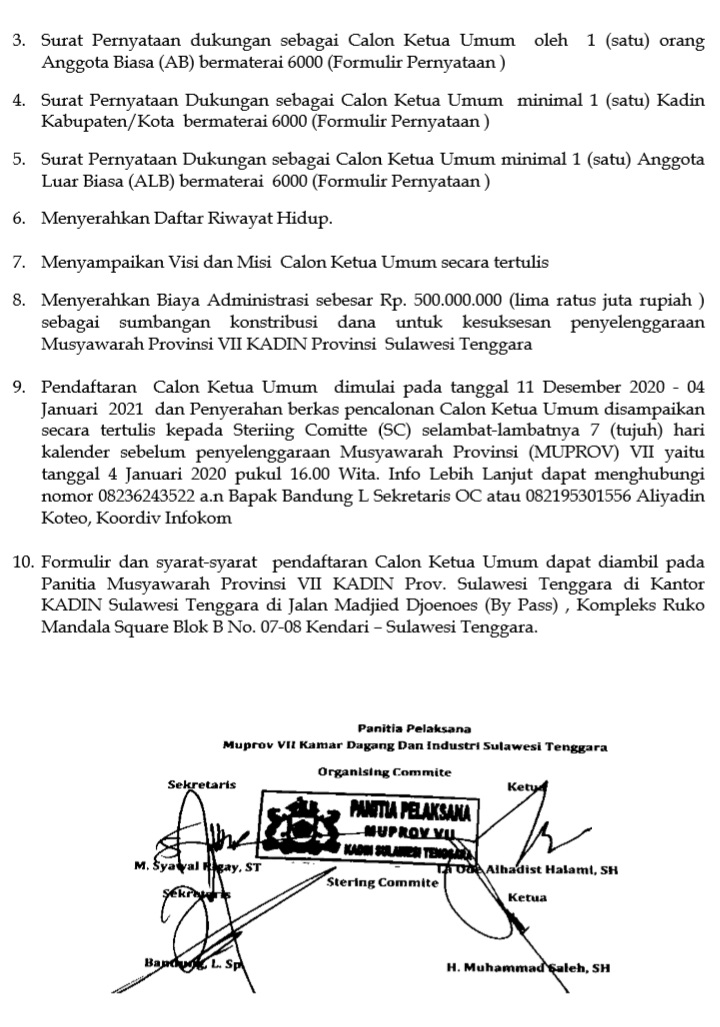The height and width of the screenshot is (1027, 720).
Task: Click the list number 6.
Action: click(19, 217)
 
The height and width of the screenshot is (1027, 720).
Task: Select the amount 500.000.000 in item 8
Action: click(455, 301)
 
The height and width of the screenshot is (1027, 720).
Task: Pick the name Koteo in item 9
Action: click(64, 518)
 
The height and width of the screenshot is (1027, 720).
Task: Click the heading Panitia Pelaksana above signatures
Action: click(414, 728)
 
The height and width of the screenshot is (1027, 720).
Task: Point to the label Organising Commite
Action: click(385, 771)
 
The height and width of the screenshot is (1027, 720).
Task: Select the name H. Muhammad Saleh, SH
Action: click(528, 967)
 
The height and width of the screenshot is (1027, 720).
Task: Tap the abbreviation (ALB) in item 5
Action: click(167, 182)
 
